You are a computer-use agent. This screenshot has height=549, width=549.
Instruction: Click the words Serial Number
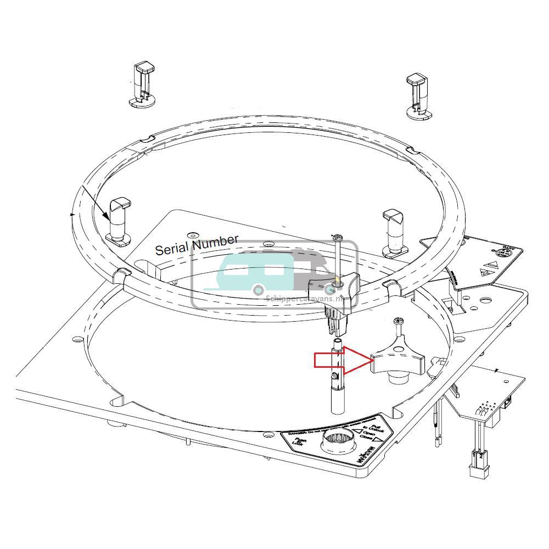pyautogui.click(x=197, y=245)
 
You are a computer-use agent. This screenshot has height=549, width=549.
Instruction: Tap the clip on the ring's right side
pyautogui.click(x=394, y=231)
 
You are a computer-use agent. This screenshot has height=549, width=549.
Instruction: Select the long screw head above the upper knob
pyautogui.click(x=337, y=237)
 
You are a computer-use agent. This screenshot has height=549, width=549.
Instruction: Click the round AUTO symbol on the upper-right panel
pyautogui.click(x=503, y=253)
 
